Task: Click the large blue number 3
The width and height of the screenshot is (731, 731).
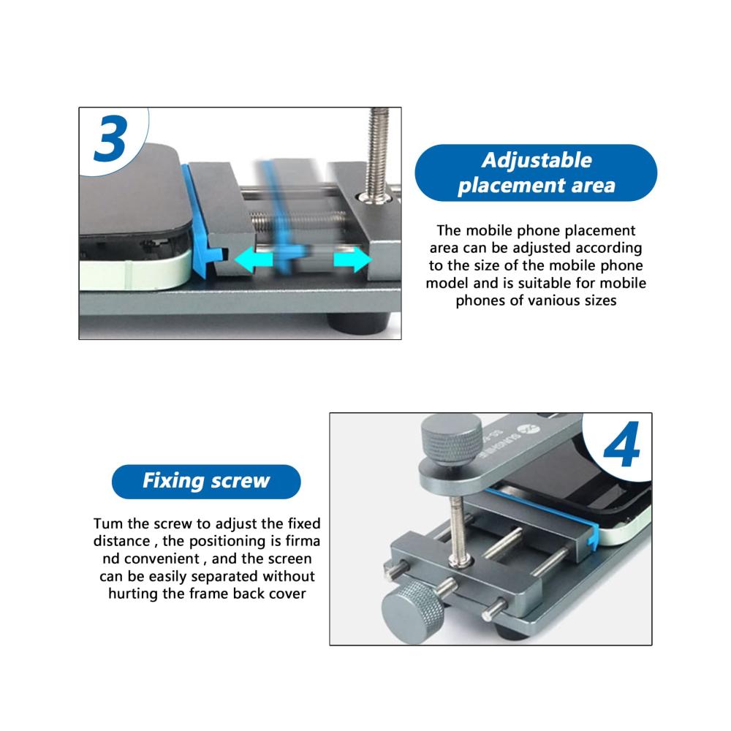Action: [110, 138]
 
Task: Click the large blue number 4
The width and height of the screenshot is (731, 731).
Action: [621, 444]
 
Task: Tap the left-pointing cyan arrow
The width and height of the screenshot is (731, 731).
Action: [253, 260]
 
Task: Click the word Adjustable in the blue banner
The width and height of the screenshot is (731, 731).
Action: [537, 160]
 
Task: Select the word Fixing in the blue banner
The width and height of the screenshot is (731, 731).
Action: [173, 481]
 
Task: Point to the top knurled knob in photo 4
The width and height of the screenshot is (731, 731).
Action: [451, 439]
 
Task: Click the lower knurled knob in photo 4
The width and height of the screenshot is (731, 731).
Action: [413, 612]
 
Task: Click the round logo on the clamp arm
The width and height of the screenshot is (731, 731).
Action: [532, 429]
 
